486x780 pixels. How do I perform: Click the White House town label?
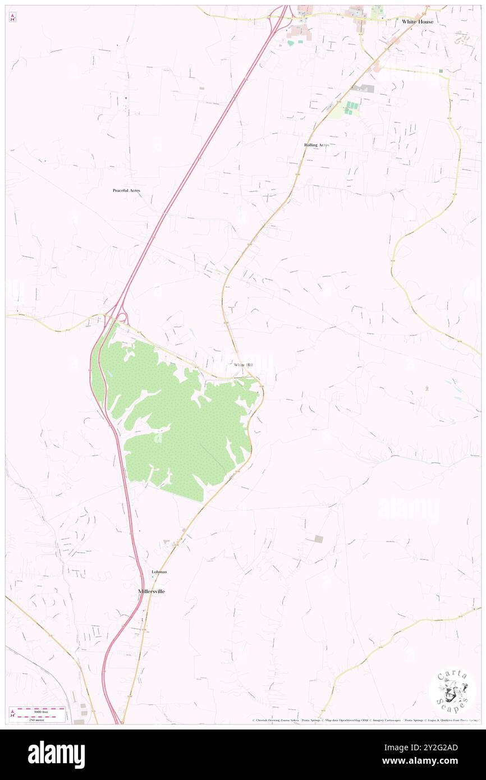pos(417,22)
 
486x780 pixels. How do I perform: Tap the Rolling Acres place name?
pos(317,145)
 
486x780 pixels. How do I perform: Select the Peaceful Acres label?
pos(126,191)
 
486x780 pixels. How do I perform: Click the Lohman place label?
pos(159,572)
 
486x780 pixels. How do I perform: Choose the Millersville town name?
pos(152,591)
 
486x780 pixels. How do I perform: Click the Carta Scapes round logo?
pos(452,692)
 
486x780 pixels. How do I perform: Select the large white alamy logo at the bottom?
pos(56,755)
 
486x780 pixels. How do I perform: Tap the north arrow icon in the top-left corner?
pos(12,18)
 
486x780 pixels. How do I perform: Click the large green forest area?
pos(180,421)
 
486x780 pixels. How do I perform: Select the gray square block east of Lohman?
pos(318,539)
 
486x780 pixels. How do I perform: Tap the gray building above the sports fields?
pos(363,89)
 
